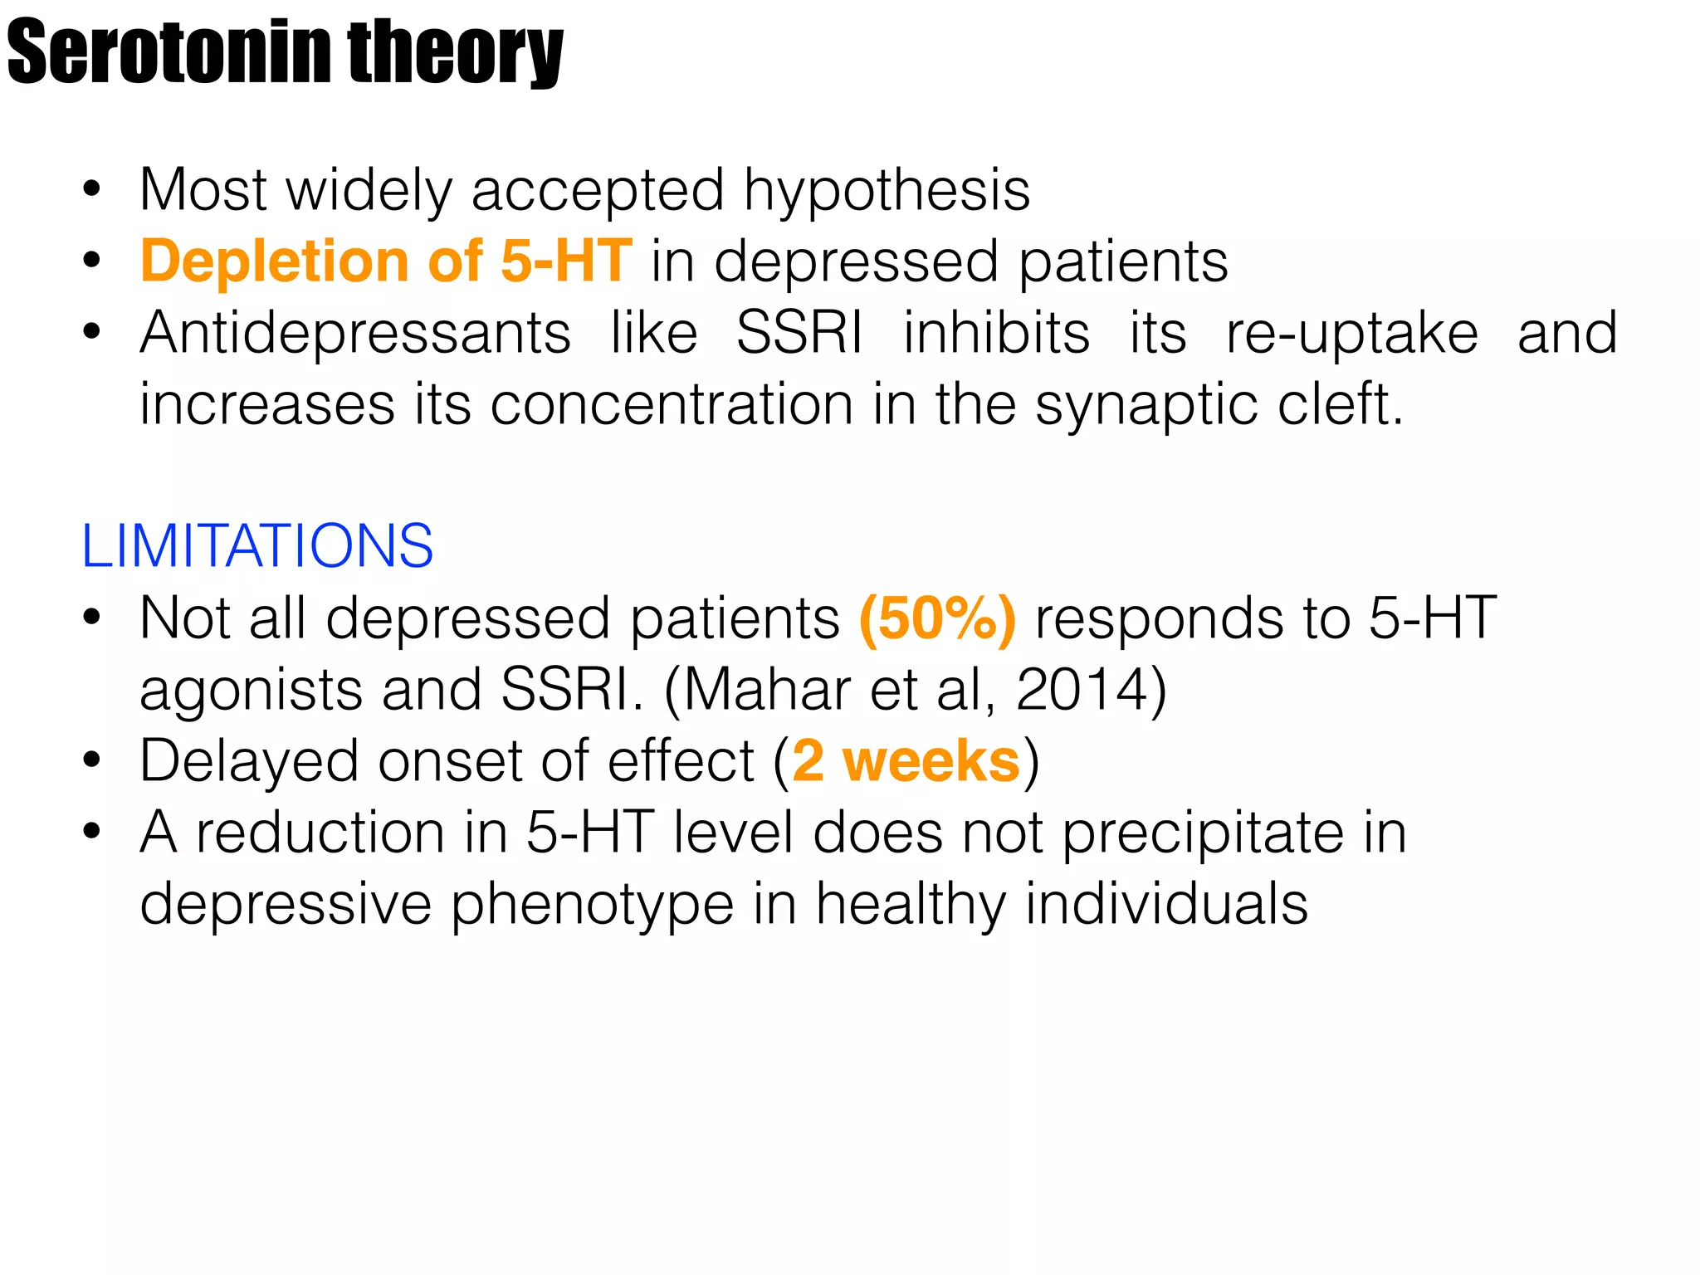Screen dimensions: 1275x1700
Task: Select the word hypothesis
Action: pos(887,191)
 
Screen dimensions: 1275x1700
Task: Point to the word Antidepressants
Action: pos(355,334)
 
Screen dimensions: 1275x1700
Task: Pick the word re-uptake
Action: pos(1352,334)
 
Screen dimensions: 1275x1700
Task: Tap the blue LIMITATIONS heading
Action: pos(257,546)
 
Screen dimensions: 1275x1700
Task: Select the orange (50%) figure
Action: pos(937,619)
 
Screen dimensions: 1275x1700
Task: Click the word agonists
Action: pos(251,691)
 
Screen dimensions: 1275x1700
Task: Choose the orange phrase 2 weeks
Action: pos(906,762)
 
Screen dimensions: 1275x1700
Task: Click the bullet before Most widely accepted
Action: pos(91,190)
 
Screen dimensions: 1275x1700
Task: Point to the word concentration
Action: pos(672,405)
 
